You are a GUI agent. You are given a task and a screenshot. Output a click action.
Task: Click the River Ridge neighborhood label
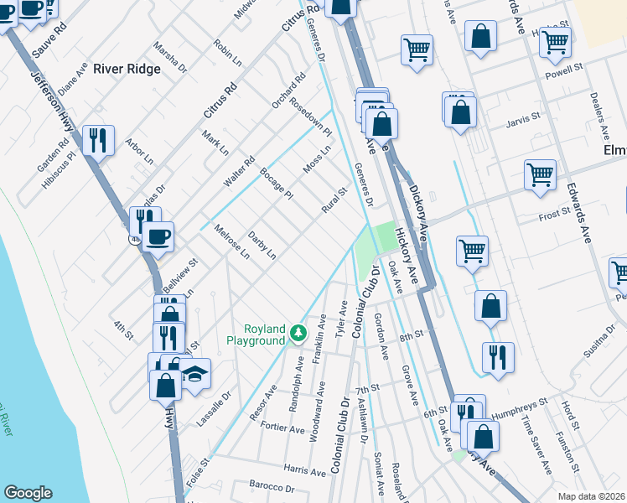point(127,69)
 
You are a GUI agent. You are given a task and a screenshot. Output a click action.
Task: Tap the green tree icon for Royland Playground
point(298,334)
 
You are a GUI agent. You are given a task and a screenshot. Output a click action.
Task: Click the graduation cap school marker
point(194,374)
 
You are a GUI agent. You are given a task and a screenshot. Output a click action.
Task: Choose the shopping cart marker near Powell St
point(555,41)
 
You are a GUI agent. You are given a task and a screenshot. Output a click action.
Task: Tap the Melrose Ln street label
point(231,242)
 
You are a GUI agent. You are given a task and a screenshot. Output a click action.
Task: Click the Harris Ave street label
point(304,472)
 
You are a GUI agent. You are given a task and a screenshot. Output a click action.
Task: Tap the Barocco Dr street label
point(272,487)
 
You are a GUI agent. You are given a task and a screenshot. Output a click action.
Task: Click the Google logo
point(28,492)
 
